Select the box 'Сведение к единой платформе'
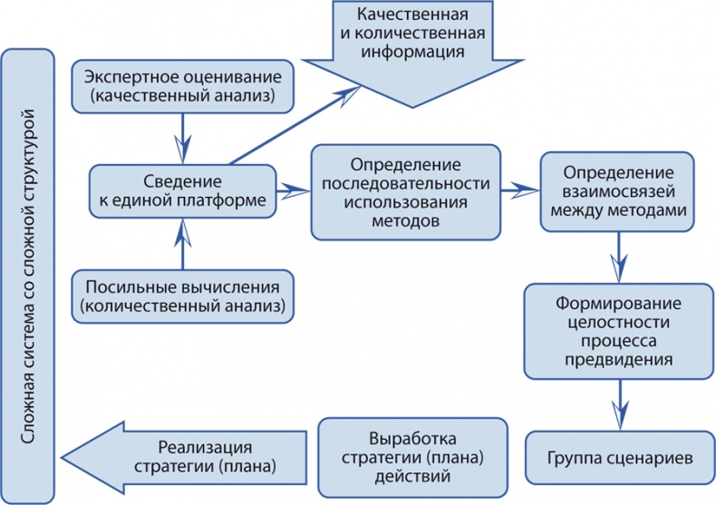coord(183,190)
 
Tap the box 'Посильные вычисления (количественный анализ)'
coord(185,296)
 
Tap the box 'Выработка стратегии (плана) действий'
coord(412,453)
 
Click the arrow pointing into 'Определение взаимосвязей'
coord(521,190)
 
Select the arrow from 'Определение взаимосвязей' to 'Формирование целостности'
coord(620,256)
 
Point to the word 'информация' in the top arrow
coord(411,52)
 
